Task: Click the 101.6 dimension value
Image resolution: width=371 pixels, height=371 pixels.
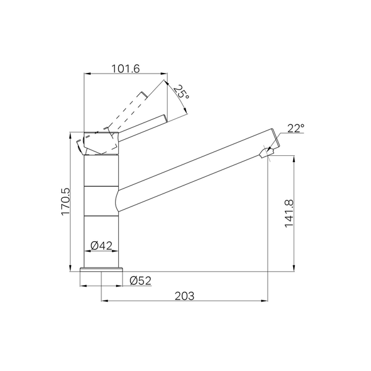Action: click(126, 69)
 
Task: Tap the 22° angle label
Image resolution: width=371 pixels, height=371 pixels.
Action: click(296, 128)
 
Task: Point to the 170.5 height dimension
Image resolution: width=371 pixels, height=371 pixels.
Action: click(66, 202)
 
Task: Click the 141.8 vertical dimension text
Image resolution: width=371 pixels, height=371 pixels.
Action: click(289, 214)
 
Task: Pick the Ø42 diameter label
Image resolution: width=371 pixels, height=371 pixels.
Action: click(101, 246)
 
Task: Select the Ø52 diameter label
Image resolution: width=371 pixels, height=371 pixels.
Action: click(140, 281)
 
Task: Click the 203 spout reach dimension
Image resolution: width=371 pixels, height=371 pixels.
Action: click(184, 296)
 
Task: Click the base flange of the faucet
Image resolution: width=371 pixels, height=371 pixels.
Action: click(101, 270)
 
